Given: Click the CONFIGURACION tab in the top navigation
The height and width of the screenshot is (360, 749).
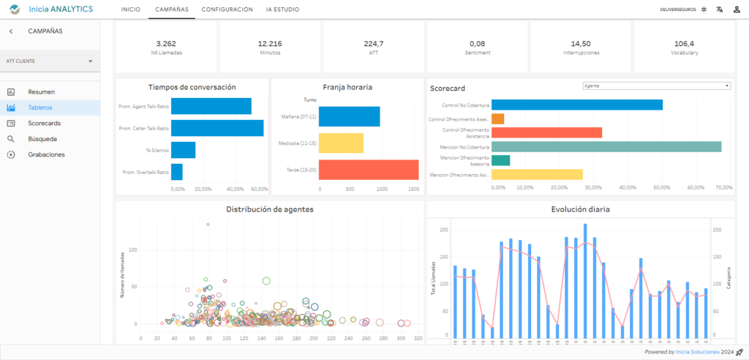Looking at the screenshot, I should [x=227, y=10].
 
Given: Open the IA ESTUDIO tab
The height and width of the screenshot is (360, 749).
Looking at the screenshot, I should [x=282, y=10].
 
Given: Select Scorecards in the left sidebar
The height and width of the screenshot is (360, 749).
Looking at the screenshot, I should [x=44, y=123].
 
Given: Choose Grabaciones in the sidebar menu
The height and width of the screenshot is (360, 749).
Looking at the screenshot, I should [x=46, y=154].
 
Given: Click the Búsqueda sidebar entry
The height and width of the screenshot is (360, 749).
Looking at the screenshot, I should [x=42, y=138].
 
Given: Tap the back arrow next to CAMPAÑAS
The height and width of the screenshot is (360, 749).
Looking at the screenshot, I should [x=11, y=31].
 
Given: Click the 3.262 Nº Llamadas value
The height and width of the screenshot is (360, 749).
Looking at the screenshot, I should [x=166, y=43].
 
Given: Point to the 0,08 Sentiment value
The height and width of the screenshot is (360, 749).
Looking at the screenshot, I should [x=477, y=43].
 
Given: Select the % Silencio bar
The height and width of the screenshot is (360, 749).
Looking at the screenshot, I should [x=183, y=150].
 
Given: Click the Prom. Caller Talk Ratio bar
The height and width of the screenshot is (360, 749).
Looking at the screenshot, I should [x=217, y=128].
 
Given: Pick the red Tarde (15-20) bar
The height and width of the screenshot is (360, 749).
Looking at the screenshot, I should [x=369, y=170].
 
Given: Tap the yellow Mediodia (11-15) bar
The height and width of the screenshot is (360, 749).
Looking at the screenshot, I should [x=341, y=143].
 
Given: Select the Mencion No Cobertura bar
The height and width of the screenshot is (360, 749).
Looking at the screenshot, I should [x=606, y=147].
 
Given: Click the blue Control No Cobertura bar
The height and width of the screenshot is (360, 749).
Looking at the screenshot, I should [x=576, y=105].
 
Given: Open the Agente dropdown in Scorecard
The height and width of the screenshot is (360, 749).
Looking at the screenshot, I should [x=656, y=86].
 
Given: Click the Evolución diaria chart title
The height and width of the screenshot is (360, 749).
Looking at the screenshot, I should [x=580, y=209].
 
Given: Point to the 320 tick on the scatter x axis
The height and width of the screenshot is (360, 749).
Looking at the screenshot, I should [x=418, y=339].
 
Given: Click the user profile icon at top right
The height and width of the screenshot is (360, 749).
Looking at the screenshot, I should [x=737, y=10].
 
